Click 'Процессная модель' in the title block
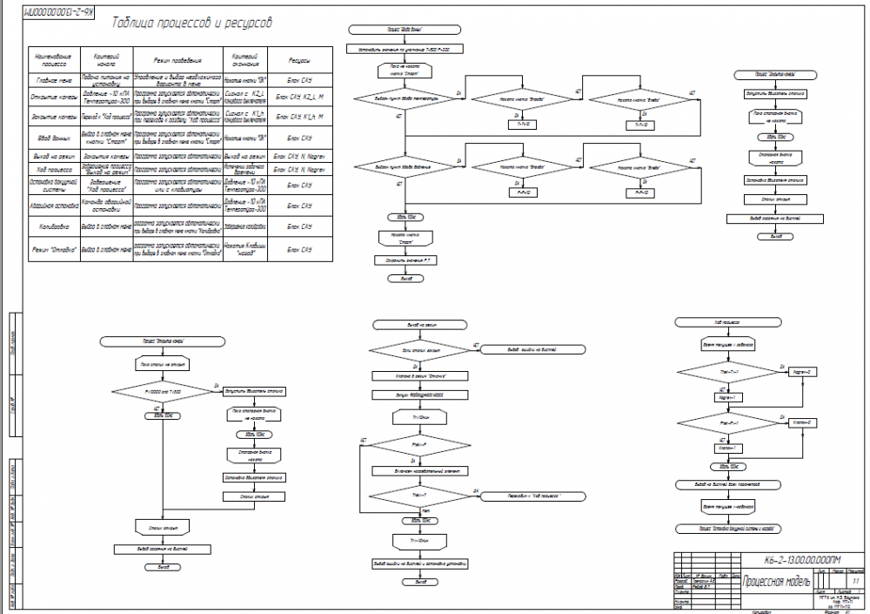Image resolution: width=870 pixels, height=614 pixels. (x=777, y=581)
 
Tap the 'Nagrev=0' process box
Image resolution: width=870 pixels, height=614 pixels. (x=801, y=373)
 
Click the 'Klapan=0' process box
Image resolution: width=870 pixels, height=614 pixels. (x=801, y=422)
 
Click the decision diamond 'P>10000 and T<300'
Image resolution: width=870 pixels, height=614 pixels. (x=162, y=392)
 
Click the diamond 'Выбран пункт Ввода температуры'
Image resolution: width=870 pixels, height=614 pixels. (x=405, y=101)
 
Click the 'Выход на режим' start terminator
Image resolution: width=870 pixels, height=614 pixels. (x=421, y=325)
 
